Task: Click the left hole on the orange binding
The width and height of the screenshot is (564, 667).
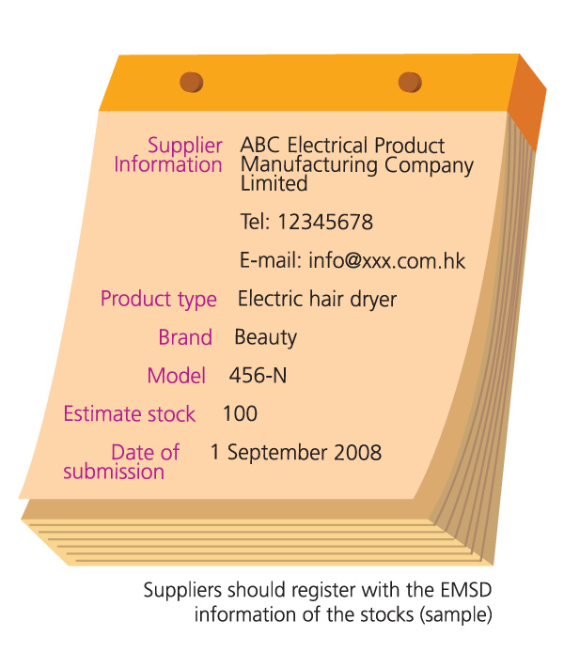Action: tap(192, 83)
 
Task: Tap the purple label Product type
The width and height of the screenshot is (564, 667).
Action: tap(159, 300)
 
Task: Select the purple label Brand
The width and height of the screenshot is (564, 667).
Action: tap(185, 337)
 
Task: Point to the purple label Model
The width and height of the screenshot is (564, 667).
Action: tap(177, 377)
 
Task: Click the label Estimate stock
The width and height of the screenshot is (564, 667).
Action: tap(130, 414)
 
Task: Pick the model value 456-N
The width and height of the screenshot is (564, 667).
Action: tap(258, 377)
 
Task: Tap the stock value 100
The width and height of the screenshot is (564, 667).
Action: tap(240, 414)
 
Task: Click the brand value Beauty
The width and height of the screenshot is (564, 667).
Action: tap(266, 337)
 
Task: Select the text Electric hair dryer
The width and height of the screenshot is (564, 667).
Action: tap(317, 300)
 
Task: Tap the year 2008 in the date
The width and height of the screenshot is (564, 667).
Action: tap(358, 453)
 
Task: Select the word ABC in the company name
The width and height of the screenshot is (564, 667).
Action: tap(260, 146)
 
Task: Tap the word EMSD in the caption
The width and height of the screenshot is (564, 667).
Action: tap(463, 592)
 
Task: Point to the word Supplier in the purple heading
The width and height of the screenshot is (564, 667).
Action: tap(185, 146)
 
